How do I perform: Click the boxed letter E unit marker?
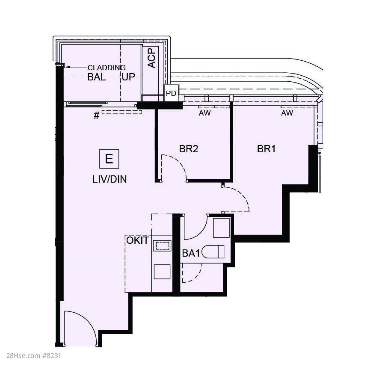pyautogui.click(x=109, y=159)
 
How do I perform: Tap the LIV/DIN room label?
pyautogui.click(x=110, y=179)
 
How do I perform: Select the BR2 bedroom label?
pyautogui.click(x=189, y=149)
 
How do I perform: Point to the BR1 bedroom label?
pyautogui.click(x=266, y=149)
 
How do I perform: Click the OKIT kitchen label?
pyautogui.click(x=138, y=240)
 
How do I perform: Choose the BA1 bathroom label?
pyautogui.click(x=191, y=253)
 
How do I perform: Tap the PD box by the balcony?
pyautogui.click(x=171, y=93)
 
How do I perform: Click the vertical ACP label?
pyautogui.click(x=151, y=58)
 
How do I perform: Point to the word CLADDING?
pyautogui.click(x=107, y=68)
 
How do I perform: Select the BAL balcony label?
pyautogui.click(x=97, y=77)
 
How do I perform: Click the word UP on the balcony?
pyautogui.click(x=128, y=77)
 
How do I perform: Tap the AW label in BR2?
pyautogui.click(x=205, y=113)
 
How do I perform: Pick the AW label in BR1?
pyautogui.click(x=287, y=113)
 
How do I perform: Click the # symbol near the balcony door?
pyautogui.click(x=97, y=115)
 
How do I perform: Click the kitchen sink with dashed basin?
pyautogui.click(x=162, y=246)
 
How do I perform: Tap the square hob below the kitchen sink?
pyautogui.click(x=162, y=272)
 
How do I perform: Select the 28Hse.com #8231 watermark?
pyautogui.click(x=34, y=356)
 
